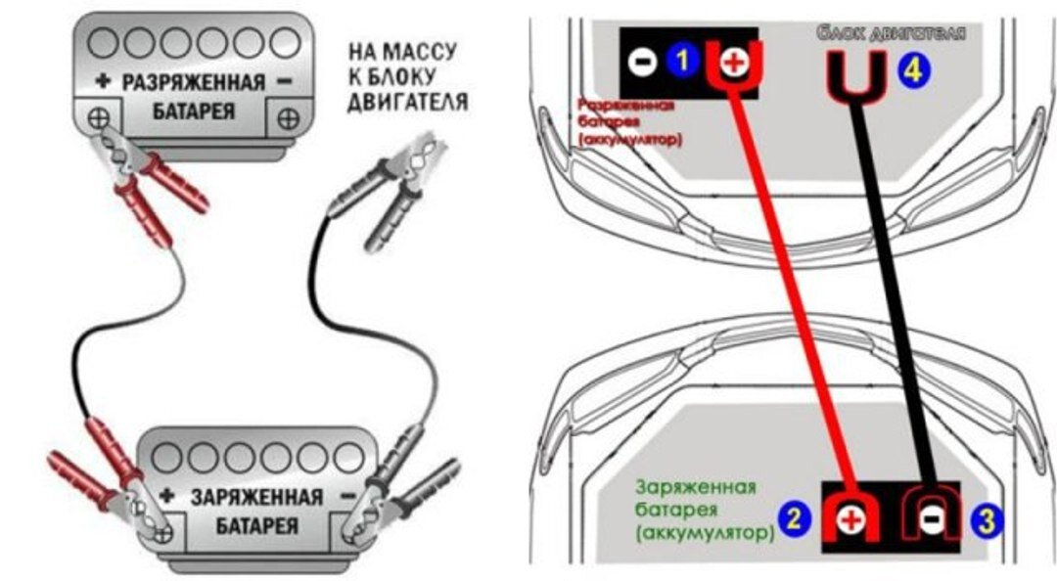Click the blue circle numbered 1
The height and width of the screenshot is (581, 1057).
click(682, 61)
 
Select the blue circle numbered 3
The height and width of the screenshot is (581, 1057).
click(986, 518)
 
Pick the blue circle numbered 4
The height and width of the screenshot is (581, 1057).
click(917, 69)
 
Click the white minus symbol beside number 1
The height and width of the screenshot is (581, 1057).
click(641, 62)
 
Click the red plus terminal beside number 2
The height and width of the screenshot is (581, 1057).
click(850, 519)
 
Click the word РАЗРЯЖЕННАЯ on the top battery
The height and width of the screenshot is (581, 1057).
click(193, 82)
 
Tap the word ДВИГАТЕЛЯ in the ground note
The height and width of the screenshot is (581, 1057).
click(407, 102)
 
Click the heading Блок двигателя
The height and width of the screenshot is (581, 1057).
click(891, 33)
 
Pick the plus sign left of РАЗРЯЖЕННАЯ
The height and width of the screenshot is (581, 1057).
click(101, 82)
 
